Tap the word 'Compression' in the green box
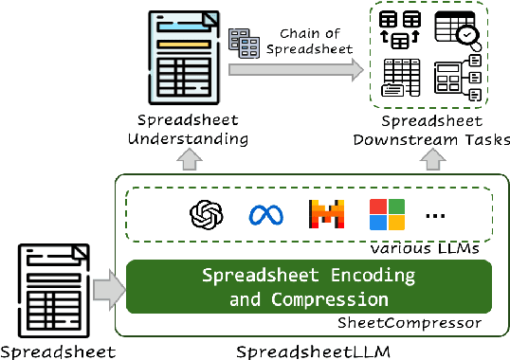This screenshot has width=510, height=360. coord(337,298)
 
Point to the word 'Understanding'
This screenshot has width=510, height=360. coord(191,139)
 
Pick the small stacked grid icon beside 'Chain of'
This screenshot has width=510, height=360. coord(247,44)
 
